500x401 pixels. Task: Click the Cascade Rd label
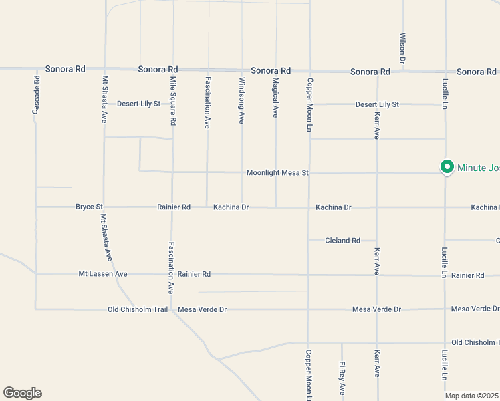pos(36,94)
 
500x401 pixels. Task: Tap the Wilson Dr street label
pos(402,48)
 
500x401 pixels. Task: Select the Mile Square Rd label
pos(173,102)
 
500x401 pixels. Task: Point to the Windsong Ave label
pos(241,100)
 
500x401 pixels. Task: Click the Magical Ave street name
pos(275,98)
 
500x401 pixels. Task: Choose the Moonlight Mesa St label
pos(277,173)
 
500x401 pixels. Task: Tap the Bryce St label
pos(89,207)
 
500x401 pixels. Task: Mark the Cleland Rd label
pos(342,241)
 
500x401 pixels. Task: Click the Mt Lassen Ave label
pos(102,274)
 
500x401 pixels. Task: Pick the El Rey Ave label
pos(342,378)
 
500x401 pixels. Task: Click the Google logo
pos(22,393)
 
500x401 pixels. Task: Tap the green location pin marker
pos(446,167)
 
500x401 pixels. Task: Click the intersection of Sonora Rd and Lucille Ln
pos(445,71)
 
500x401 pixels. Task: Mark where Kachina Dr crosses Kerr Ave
pos(377,207)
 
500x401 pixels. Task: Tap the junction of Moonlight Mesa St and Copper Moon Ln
pos(309,173)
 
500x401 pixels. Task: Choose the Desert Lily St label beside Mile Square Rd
pos(138,104)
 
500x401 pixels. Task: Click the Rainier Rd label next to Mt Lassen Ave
pos(194,274)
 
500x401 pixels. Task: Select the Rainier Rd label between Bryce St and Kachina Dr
pos(174,207)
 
